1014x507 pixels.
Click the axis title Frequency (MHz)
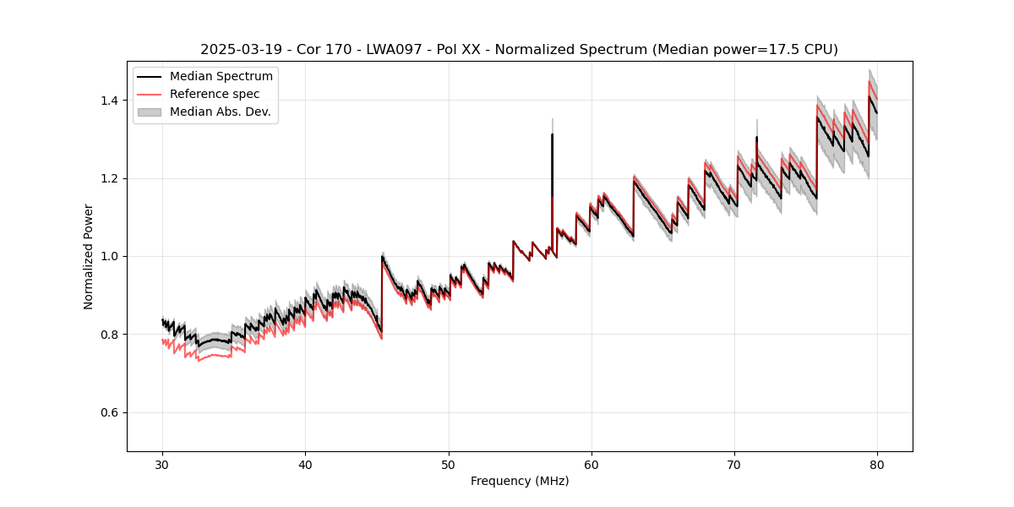(x=520, y=481)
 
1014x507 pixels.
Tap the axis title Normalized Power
(x=89, y=256)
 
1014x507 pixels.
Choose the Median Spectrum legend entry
(x=221, y=77)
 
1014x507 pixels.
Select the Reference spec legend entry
(x=215, y=94)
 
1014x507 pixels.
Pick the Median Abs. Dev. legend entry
(x=220, y=112)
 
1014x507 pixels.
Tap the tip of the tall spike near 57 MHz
(x=552, y=134)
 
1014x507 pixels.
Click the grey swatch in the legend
(x=150, y=112)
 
